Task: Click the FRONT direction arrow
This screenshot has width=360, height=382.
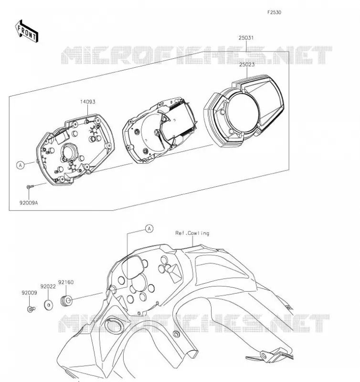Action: (27, 32)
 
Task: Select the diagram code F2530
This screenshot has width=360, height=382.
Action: (274, 12)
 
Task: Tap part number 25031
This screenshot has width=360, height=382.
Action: (246, 38)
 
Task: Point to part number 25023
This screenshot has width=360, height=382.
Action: (247, 64)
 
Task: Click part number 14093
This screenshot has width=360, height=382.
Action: (88, 102)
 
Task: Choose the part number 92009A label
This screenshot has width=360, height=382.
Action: (29, 202)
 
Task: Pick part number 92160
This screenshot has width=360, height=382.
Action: (66, 282)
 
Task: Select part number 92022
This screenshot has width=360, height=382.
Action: (48, 287)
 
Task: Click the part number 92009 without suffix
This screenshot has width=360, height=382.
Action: (29, 293)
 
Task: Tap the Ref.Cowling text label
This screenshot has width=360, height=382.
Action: (192, 233)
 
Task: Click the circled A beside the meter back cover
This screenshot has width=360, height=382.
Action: (21, 165)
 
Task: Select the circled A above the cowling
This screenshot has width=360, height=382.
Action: (149, 229)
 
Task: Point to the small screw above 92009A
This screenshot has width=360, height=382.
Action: (30, 187)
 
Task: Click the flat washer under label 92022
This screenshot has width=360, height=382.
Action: (49, 305)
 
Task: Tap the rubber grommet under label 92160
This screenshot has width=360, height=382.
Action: (66, 301)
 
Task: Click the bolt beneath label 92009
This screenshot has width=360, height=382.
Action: (31, 309)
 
